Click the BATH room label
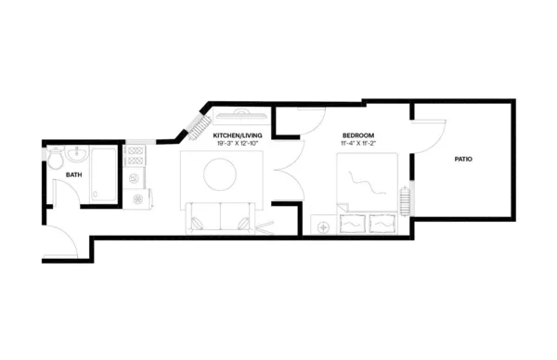click(71, 174)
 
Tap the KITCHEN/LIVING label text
click(238, 135)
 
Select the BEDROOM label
click(357, 135)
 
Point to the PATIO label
click(462, 160)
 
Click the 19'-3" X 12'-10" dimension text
click(238, 145)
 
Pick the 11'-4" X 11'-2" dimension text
click(357, 145)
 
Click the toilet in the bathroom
click(55, 155)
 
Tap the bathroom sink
click(79, 154)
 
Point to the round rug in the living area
click(222, 174)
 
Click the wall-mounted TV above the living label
click(241, 116)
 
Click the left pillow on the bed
click(354, 224)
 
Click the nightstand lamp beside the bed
click(324, 226)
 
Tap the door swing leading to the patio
click(428, 135)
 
